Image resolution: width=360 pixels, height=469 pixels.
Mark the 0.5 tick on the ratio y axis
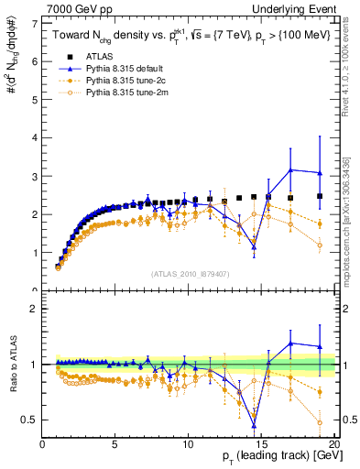pos(33,420)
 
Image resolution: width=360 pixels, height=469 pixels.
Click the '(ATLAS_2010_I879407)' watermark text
pos(190,273)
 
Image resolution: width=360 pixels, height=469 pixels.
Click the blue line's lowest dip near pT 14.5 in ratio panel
pos(254,425)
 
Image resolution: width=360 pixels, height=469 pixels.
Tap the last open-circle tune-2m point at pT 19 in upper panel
pos(319,245)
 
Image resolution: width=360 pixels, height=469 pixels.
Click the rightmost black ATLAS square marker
pos(319,196)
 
